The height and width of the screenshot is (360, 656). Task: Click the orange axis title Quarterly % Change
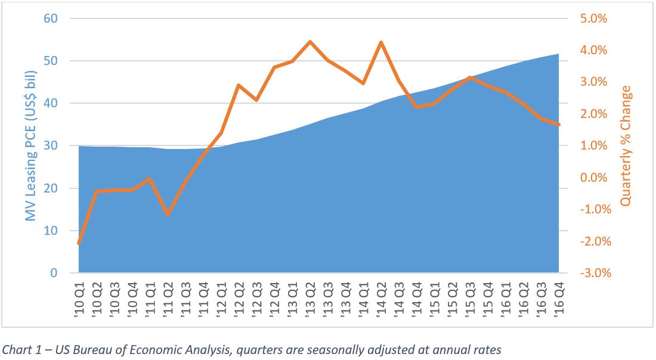click(626, 146)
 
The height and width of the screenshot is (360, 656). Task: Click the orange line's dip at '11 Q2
click(168, 214)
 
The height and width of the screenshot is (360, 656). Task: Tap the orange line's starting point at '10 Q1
click(79, 243)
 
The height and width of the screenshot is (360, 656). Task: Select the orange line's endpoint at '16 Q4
click(559, 125)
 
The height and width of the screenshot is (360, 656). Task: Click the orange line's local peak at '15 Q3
click(470, 77)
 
